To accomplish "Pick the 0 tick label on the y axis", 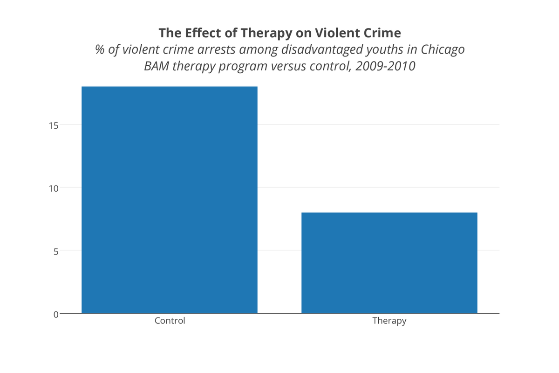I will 55,314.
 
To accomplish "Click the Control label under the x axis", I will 170,321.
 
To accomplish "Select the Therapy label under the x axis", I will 389,321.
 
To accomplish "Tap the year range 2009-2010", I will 385,66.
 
